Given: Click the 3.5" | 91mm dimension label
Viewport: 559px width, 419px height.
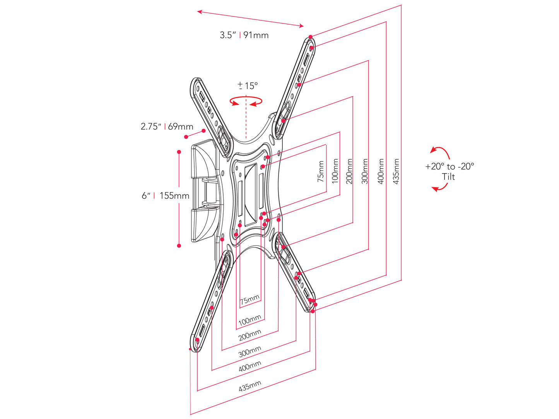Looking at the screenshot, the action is point(244,35).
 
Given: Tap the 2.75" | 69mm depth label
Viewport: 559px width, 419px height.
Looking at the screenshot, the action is point(167,126).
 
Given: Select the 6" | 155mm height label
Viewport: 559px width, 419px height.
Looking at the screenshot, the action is point(165,196).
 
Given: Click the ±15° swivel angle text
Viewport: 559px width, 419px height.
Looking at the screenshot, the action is point(248,86).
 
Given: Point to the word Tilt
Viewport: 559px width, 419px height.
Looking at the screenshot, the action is point(448,177).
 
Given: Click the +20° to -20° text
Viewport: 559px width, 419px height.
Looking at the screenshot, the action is point(450,166).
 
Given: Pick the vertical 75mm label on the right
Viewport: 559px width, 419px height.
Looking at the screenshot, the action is point(321,171).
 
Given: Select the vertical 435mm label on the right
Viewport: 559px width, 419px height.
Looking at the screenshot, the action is point(396,171).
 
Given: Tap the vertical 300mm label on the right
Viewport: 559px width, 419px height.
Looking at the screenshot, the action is point(365,171).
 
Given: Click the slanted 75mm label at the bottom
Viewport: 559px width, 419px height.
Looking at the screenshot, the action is point(250,300).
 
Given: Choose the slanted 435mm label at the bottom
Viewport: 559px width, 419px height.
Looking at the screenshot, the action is point(250,386).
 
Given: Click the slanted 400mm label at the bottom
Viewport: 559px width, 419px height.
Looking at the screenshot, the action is point(250,366).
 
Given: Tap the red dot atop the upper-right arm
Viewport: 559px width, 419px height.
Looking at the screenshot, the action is point(310,37).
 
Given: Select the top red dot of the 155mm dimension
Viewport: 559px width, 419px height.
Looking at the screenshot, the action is point(179,152).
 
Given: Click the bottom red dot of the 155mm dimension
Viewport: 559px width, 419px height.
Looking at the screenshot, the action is point(179,246).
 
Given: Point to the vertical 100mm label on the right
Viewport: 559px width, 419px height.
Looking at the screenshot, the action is point(335,171).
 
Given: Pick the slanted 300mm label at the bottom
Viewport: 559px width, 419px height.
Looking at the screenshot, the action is point(250,351).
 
